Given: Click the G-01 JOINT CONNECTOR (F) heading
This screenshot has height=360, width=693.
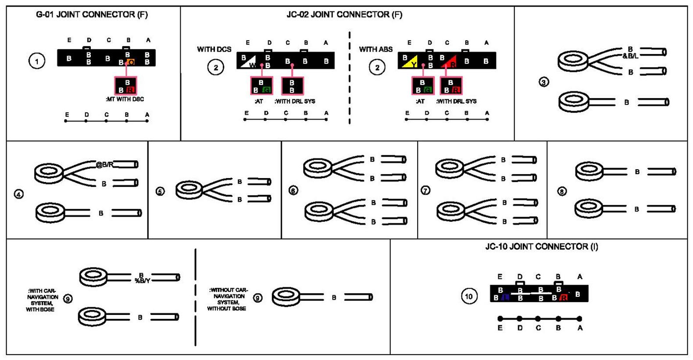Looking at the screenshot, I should pos(92,14).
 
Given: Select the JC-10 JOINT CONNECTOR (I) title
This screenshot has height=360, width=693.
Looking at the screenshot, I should pos(541,246).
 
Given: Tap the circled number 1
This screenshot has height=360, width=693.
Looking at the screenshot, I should pos(37,61).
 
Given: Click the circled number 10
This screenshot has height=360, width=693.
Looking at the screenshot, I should pos(469,296).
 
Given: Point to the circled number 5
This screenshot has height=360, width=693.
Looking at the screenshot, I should pos(160,191).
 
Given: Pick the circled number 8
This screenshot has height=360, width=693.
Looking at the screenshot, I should pos(562,191).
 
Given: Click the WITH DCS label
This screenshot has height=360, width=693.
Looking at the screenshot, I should pos(214,49).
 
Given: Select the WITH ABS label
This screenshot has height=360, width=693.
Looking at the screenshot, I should pos(375,49).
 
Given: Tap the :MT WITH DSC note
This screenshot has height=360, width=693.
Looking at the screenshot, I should pos(125,99).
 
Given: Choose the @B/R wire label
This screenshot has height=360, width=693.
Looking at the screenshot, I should pos(105,165).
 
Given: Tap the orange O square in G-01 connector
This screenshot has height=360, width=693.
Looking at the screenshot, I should pos(131,62).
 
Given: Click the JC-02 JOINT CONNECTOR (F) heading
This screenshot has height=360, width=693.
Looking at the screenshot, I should pos(344,14).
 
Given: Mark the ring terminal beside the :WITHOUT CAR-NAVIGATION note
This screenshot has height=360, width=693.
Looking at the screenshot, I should pos(286,297).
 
